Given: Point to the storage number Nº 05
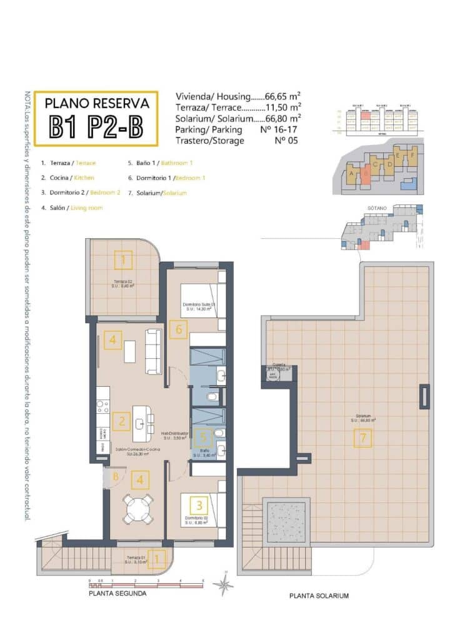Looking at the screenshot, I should tap(287, 141).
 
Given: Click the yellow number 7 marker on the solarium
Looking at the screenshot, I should tap(363, 438).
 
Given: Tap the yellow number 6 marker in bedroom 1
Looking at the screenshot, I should tap(178, 329).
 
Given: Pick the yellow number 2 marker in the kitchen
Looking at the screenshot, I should tap(121, 421).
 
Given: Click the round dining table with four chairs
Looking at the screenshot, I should tap(138, 509).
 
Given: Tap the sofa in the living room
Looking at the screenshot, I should tap(153, 351).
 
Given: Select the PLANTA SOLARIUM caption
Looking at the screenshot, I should tap(319, 596).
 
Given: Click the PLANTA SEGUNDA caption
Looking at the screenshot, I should tap(118, 593).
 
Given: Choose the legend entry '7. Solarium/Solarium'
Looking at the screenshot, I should tap(157, 193).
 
